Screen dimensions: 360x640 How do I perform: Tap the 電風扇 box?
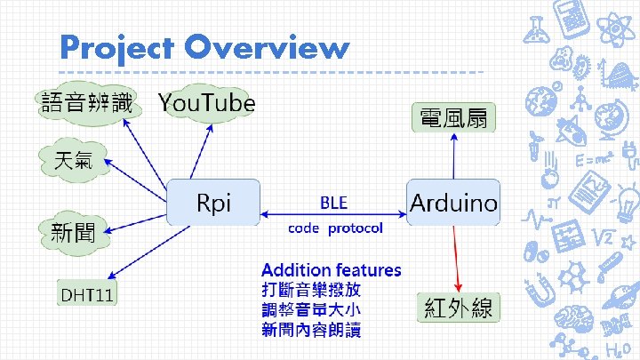tap(453, 117)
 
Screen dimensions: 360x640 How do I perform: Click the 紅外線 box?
tap(458, 308)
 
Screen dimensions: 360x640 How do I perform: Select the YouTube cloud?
tap(206, 103)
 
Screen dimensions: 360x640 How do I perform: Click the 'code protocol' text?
tap(335, 228)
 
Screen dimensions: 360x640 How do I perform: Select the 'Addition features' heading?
tap(331, 269)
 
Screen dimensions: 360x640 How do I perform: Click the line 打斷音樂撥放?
tap(311, 290)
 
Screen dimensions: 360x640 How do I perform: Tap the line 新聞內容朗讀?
tap(311, 330)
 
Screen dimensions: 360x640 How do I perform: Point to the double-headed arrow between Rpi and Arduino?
tap(333, 214)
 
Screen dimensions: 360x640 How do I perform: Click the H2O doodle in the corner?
tap(616, 346)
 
